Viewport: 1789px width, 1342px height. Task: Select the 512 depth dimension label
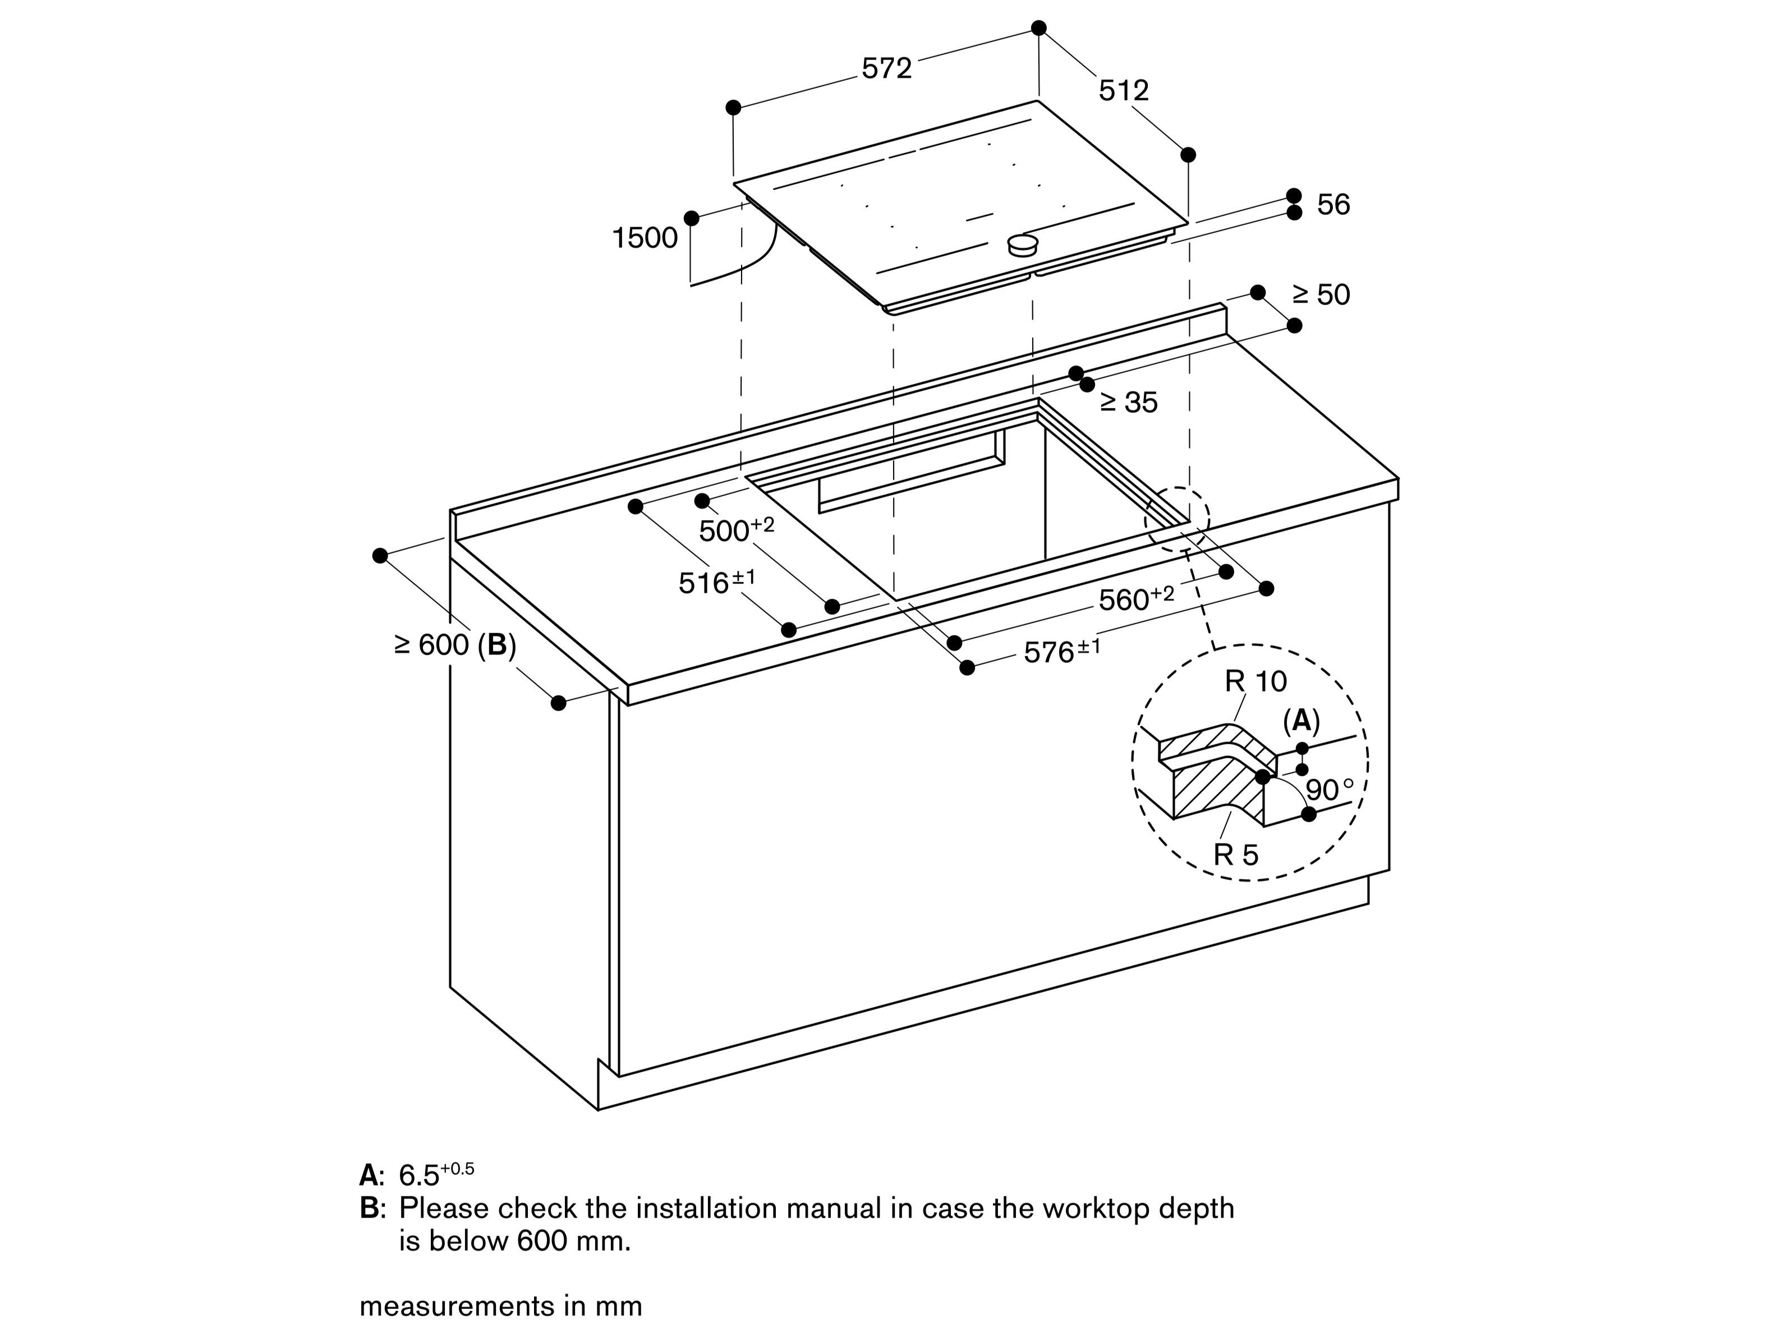[1123, 90]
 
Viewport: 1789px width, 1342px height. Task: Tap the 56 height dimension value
[1333, 205]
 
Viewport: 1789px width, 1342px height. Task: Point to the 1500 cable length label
[645, 238]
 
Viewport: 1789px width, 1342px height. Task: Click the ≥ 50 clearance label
[1321, 294]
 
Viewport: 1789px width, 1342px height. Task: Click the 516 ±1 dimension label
[716, 581]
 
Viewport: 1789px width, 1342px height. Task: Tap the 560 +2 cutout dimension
[1135, 598]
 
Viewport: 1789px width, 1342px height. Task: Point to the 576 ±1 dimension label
[1061, 651]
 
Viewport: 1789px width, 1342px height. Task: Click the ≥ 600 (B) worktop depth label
[454, 644]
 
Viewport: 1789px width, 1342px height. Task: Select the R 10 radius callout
[1255, 681]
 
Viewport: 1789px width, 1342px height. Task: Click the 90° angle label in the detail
[1329, 790]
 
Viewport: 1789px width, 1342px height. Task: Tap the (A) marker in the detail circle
[1301, 720]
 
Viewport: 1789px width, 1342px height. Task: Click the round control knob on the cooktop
[1023, 244]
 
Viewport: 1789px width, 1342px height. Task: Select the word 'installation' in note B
[706, 1209]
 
